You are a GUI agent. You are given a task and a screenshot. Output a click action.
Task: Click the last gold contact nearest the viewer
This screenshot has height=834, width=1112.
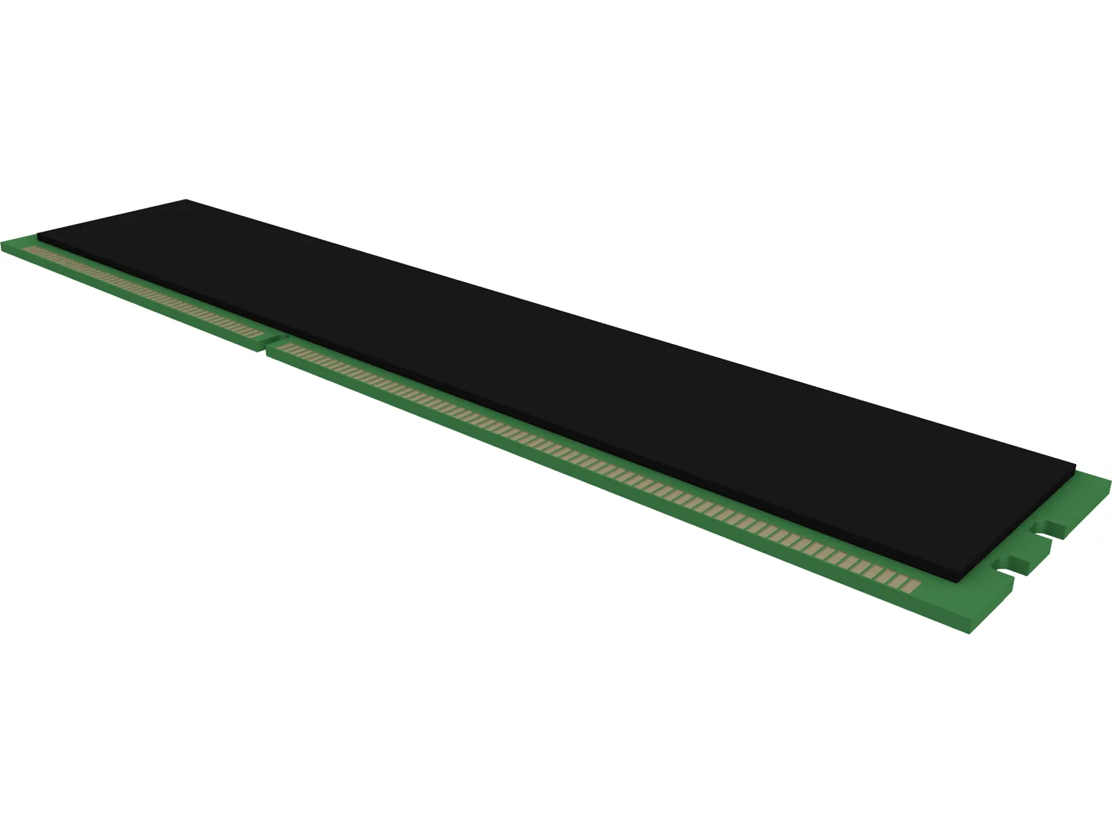[x=912, y=584]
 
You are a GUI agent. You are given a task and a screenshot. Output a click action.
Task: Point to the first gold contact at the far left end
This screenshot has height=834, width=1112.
[x=28, y=249]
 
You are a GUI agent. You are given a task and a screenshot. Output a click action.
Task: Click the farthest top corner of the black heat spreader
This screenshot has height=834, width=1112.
[x=186, y=200]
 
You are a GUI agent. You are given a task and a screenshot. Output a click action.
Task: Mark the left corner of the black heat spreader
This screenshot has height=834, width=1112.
[x=38, y=234]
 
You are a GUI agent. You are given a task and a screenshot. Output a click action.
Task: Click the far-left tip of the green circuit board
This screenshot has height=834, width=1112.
[x=3, y=244]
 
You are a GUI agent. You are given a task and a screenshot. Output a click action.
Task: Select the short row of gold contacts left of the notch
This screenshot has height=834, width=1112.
[x=139, y=291]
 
